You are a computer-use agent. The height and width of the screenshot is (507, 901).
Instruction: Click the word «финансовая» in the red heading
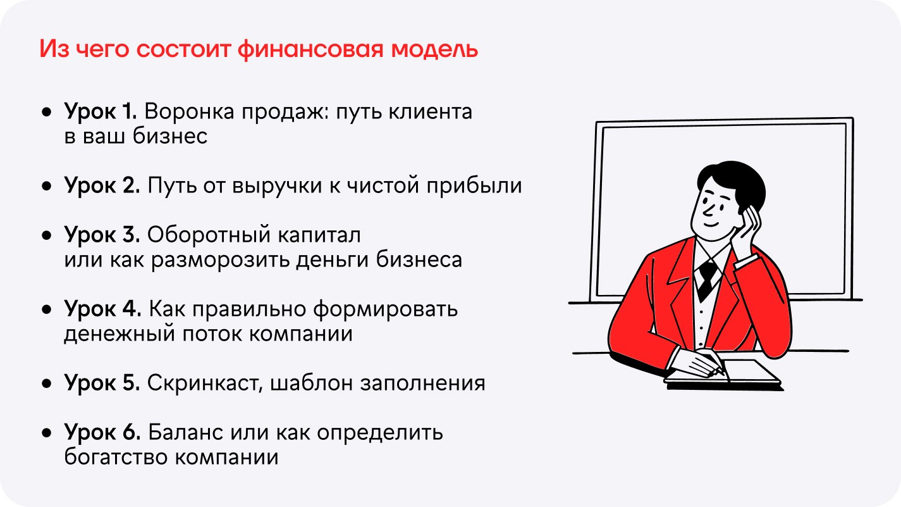310,49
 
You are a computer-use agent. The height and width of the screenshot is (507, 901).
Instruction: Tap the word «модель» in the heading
434,49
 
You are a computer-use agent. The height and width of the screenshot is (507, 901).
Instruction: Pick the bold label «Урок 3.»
102,235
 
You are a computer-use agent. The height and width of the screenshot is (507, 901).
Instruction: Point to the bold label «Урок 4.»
102,310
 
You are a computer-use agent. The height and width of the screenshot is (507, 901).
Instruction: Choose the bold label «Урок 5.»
102,384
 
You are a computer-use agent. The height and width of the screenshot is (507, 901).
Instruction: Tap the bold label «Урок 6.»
102,434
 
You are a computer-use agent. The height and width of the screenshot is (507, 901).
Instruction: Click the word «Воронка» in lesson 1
189,111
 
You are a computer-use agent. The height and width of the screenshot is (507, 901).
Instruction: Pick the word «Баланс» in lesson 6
185,433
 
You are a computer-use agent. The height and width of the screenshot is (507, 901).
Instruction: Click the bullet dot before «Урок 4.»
47,310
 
